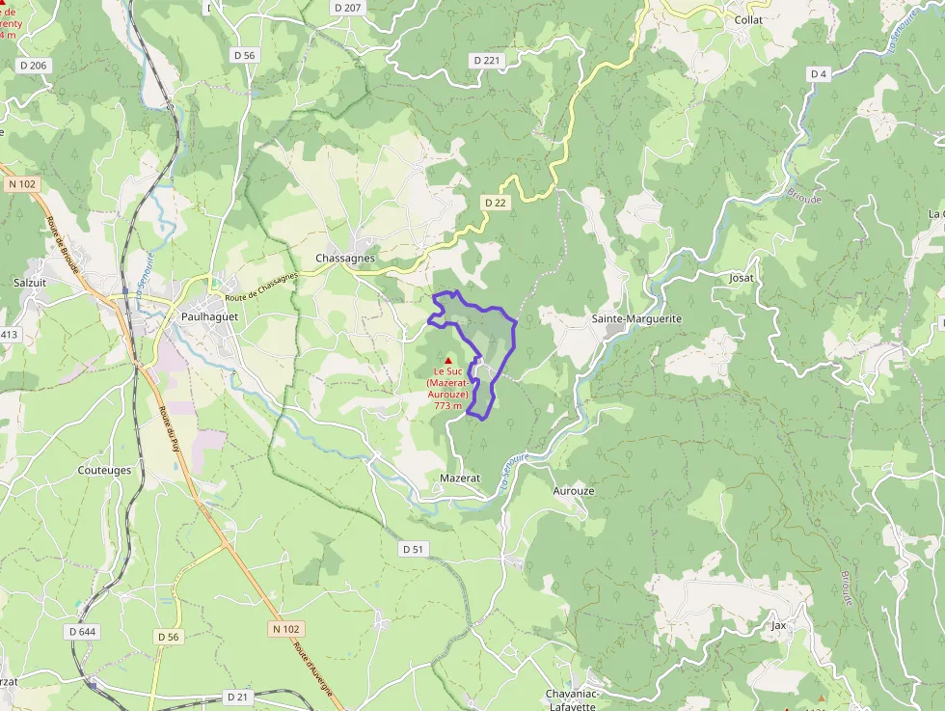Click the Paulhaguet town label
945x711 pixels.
(x=209, y=315)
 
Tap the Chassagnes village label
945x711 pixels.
(x=345, y=259)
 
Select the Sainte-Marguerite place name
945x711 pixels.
(x=636, y=318)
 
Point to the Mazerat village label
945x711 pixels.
(x=459, y=478)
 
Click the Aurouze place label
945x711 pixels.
(x=574, y=490)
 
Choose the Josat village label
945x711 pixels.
(x=742, y=278)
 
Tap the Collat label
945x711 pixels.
(x=748, y=19)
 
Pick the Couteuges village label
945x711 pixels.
(x=104, y=470)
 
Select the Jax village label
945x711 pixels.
(x=779, y=625)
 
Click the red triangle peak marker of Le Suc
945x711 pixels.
(x=448, y=361)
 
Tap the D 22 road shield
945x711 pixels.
(x=496, y=202)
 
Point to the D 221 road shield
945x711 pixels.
(x=488, y=60)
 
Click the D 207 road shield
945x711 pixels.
(x=347, y=8)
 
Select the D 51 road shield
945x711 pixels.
(x=413, y=548)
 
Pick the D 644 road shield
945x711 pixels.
(x=83, y=631)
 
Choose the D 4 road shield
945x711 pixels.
(x=819, y=74)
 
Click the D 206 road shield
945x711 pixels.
(x=33, y=66)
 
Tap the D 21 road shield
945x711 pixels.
(x=238, y=696)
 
